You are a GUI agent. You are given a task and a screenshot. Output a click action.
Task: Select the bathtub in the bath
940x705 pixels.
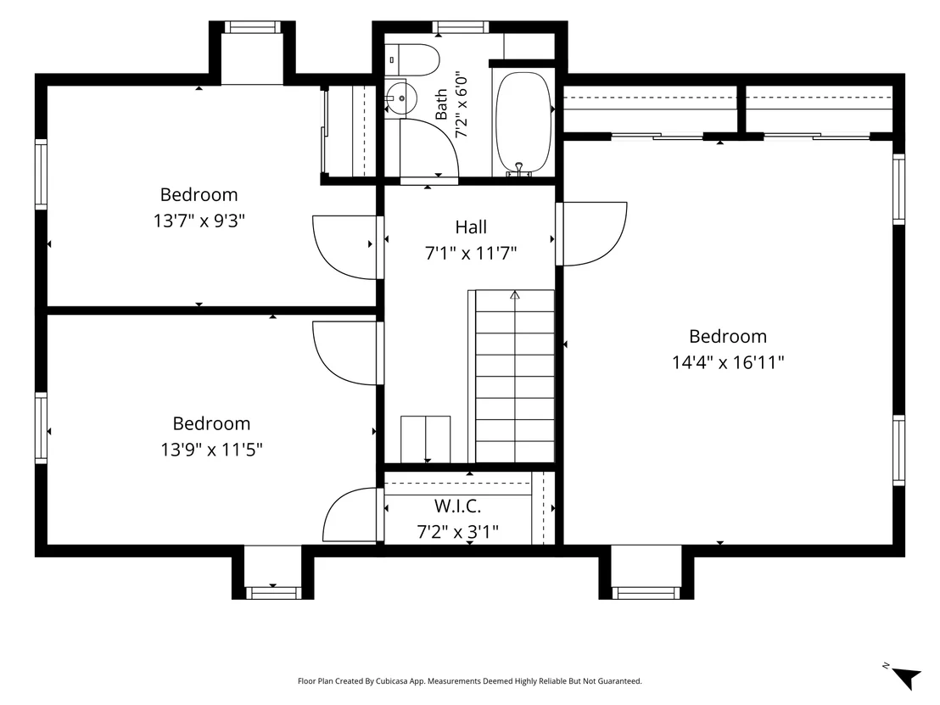pos(523,124)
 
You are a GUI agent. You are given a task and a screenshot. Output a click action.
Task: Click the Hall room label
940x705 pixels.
pos(471,227)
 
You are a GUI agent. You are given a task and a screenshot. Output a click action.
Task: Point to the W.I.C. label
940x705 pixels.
pos(457,506)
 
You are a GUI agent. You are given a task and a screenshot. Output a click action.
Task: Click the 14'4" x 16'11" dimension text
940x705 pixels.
pos(728,363)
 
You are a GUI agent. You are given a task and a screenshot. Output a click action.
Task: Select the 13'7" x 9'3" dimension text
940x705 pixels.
pos(199,221)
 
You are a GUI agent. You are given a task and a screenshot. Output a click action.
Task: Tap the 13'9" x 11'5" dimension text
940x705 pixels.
pos(211,450)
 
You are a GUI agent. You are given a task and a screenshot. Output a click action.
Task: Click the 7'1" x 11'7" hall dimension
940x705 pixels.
pos(471,254)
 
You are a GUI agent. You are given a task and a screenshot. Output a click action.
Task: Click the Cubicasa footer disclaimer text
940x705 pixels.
pos(469,681)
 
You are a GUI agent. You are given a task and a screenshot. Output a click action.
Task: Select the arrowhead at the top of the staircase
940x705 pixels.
pos(514,295)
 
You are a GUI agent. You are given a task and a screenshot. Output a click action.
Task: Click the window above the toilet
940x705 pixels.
pos(461,28)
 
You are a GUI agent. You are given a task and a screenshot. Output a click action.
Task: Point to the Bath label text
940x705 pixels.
pos(441,104)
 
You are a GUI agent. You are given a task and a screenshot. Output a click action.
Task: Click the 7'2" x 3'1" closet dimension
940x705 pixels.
pos(457,532)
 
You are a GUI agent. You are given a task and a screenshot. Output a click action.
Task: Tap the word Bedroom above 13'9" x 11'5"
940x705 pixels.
pos(211,424)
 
